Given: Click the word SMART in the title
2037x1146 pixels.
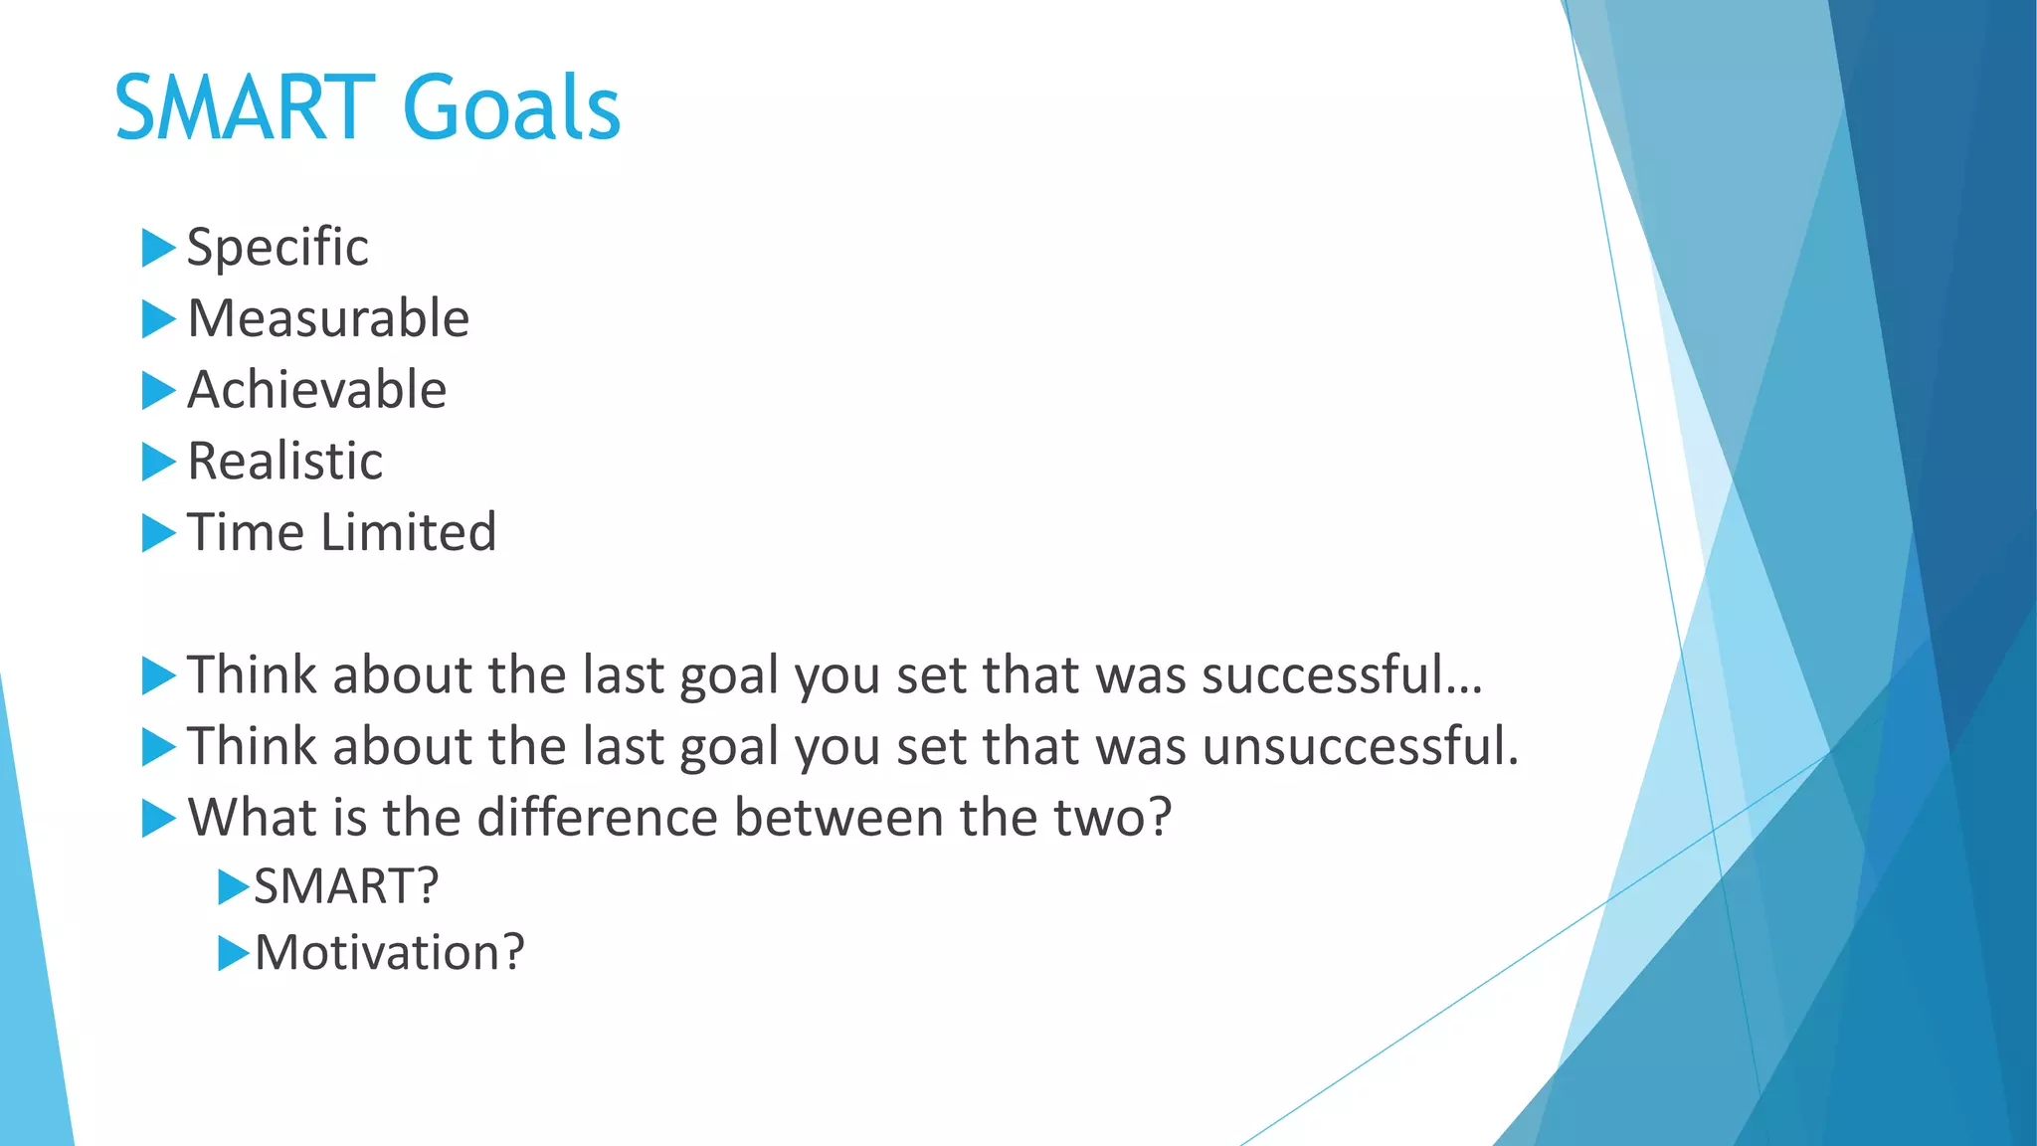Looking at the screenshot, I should [245, 107].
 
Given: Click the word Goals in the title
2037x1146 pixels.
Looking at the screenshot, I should [511, 107].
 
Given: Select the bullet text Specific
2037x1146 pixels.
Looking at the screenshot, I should [278, 248].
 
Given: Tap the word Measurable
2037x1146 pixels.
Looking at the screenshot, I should [328, 319].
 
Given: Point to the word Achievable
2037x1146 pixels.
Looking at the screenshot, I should [316, 390].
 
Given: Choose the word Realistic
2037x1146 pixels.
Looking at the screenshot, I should [284, 462].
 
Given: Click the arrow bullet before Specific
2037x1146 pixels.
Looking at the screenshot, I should [158, 248].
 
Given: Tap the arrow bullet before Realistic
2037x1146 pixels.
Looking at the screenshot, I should [158, 462].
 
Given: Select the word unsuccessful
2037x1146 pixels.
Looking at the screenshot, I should [1359, 746].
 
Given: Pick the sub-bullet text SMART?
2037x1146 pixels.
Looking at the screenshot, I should [346, 886].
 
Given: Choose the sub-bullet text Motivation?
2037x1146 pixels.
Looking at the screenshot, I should [389, 953].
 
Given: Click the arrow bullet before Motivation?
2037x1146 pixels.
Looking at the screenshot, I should [233, 953].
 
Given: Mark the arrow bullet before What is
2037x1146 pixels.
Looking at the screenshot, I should [158, 818].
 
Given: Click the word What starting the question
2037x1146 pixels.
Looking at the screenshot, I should [252, 818].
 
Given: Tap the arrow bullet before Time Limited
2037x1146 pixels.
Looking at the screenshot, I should [158, 532].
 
